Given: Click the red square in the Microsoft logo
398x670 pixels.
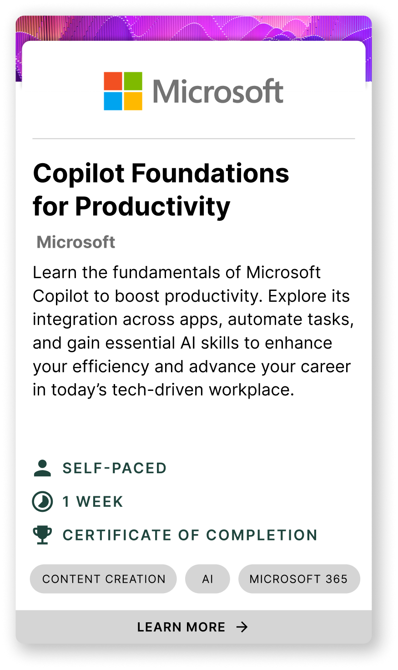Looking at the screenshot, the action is (113, 81).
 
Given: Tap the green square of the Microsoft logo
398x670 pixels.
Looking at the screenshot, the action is (133, 81).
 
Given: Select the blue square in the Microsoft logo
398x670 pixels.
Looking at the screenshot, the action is (113, 101).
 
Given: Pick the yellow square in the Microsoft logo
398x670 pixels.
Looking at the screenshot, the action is (133, 101).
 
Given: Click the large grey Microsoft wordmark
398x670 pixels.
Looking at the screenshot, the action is (218, 91).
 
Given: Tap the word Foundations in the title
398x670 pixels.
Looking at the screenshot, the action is (210, 173).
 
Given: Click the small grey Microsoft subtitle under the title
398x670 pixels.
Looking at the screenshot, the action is (76, 242).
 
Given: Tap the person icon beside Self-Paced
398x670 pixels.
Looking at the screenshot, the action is (42, 468).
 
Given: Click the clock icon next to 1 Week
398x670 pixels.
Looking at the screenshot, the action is (42, 501).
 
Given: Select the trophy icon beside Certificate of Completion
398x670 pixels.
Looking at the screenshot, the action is (42, 535).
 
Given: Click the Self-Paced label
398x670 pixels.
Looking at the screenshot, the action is (114, 468).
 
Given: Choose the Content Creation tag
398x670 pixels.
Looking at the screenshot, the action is (103, 579).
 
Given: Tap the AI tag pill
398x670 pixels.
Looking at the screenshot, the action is (207, 579).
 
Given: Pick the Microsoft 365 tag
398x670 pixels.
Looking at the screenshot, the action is (299, 579).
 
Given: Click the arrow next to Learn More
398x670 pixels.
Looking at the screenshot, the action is (242, 627).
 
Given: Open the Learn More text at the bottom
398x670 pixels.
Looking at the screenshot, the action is (181, 627).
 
